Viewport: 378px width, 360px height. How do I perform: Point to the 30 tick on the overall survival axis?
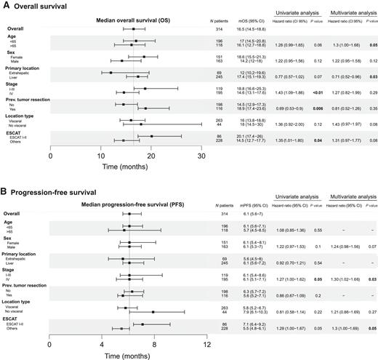click(x=201, y=155)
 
